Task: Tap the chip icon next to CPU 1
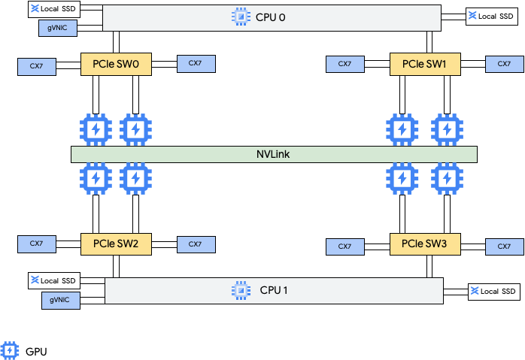(x=241, y=290)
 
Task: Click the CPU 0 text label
(x=271, y=17)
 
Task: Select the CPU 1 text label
(x=274, y=290)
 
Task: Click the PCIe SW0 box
(x=116, y=64)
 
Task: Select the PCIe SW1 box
(x=424, y=64)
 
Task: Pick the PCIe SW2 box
(x=116, y=244)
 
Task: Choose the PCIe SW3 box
(x=424, y=244)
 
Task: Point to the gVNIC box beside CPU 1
(x=60, y=300)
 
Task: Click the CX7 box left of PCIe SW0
(x=37, y=66)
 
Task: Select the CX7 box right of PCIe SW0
(x=196, y=63)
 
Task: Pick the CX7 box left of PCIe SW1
(x=344, y=64)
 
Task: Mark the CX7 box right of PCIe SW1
(x=505, y=64)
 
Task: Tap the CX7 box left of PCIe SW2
(x=36, y=244)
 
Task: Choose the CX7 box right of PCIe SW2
(x=196, y=244)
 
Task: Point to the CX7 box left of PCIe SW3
(x=344, y=247)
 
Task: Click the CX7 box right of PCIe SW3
(x=505, y=247)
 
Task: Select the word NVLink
(x=274, y=154)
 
